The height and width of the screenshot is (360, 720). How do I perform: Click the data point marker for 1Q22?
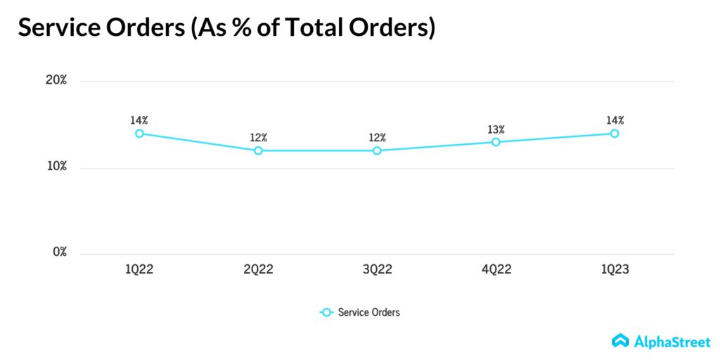click(139, 133)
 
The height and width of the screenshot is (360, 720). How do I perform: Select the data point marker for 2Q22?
click(258, 150)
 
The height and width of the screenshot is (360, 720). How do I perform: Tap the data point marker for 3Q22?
click(377, 150)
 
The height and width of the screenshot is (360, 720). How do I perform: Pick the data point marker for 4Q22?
click(496, 142)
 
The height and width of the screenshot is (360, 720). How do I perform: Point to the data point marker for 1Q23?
click(615, 133)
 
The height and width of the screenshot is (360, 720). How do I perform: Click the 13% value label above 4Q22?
click(496, 129)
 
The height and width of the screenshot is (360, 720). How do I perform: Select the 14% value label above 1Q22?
click(139, 120)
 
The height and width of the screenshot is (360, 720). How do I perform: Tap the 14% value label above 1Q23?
click(615, 120)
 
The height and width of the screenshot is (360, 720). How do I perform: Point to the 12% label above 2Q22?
click(258, 138)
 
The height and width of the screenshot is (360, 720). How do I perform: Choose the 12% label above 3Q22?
click(377, 138)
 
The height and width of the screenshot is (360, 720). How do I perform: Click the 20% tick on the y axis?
click(56, 80)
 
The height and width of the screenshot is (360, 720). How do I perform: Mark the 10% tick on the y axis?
click(56, 167)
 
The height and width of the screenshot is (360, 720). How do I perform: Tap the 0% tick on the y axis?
click(59, 252)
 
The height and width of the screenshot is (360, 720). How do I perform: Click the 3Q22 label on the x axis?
click(377, 270)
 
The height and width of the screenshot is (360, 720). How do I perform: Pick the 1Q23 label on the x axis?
click(615, 270)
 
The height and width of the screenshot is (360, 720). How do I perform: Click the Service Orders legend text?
click(368, 312)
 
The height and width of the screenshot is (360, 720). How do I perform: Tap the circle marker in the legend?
click(326, 312)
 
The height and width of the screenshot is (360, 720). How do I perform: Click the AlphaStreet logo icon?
click(620, 340)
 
